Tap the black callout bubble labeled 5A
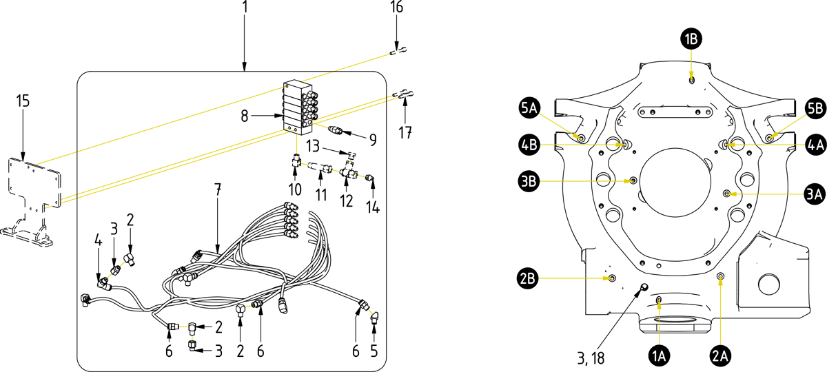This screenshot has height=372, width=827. click(x=529, y=107)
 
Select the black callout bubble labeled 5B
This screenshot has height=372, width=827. click(x=815, y=107)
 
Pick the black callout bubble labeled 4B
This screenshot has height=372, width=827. click(x=529, y=145)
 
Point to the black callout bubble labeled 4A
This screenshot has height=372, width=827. click(x=815, y=145)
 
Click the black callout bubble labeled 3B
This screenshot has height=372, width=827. click(x=529, y=183)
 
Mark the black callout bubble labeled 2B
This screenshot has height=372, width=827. click(x=529, y=279)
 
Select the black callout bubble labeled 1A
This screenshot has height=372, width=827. click(x=660, y=355)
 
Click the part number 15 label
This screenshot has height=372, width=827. click(x=23, y=101)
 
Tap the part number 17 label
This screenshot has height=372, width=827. click(x=405, y=130)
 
